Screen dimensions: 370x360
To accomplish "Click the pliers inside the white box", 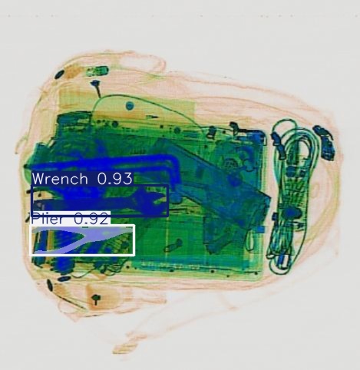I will [x=81, y=240].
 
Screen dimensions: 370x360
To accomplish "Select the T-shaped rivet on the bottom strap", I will [x=97, y=299].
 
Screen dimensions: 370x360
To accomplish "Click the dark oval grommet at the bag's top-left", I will [x=61, y=74].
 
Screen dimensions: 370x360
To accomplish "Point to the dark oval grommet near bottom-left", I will [x=51, y=286].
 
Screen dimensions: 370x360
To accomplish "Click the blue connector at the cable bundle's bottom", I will [x=283, y=265].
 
